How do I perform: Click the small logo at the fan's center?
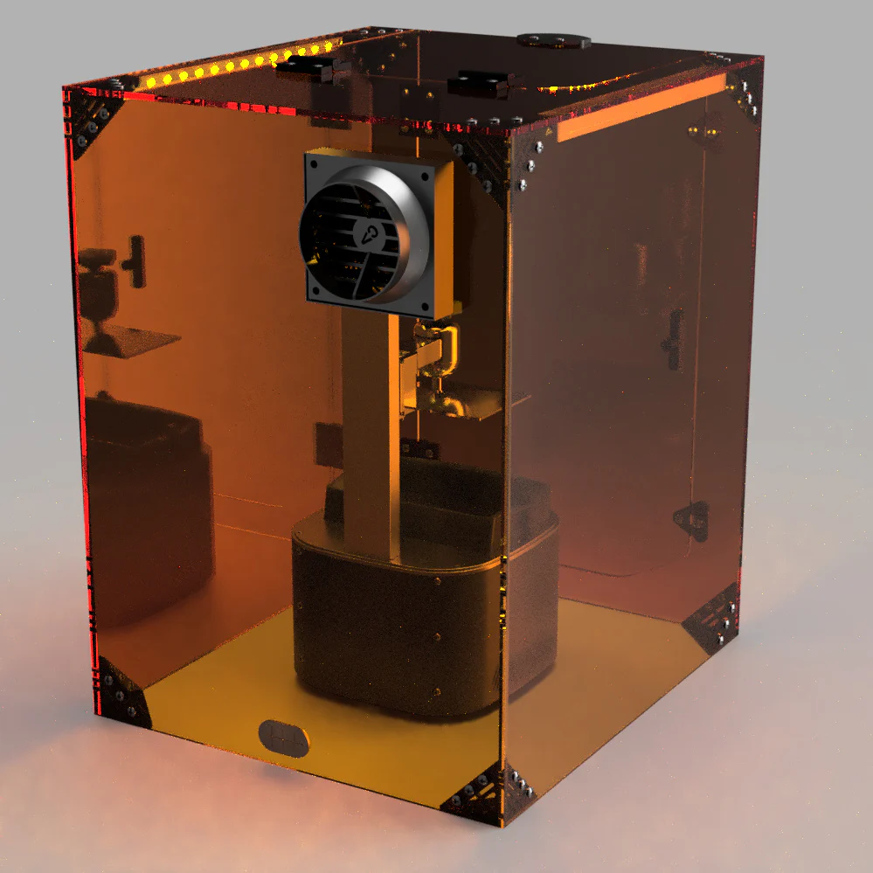368,233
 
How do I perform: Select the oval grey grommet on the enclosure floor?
284,737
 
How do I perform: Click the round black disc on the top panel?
552,40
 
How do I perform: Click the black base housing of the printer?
393,629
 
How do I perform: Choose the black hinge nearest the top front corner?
479,83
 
